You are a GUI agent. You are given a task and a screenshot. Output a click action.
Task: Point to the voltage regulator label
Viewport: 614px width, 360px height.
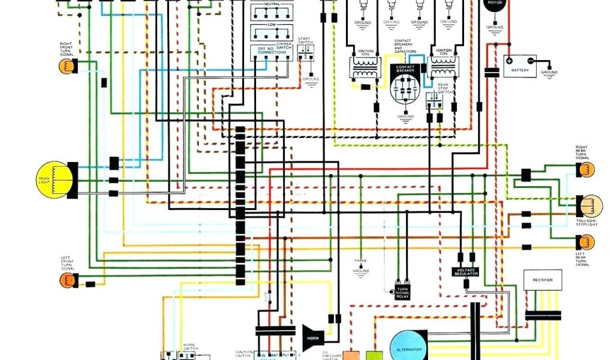point(465,271)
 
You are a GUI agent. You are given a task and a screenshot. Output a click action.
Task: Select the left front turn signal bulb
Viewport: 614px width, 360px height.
point(67,280)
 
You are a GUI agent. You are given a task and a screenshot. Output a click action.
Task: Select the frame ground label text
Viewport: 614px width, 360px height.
point(360,265)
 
